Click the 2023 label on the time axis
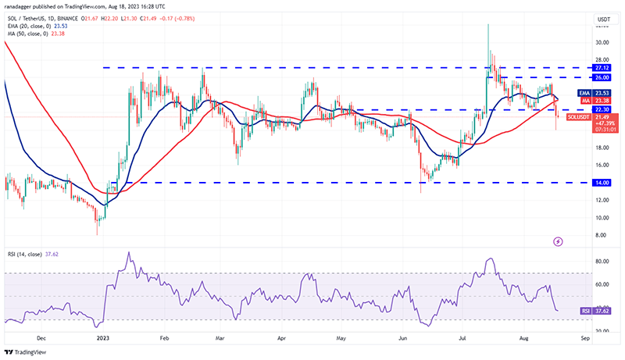click(x=102, y=340)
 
